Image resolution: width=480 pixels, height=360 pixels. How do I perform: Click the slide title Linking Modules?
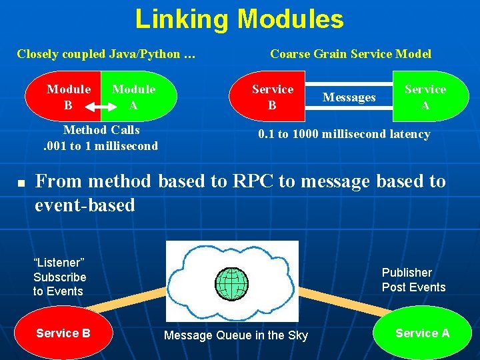239,19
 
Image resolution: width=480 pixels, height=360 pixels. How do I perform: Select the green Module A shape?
137,97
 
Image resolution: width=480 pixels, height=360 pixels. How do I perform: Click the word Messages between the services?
349,97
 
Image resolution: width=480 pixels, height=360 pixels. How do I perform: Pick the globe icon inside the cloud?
231,283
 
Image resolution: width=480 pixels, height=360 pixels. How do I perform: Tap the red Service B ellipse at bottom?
63,333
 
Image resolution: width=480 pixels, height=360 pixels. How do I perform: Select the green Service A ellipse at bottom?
422,333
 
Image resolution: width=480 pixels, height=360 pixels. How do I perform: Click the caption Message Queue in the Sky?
236,335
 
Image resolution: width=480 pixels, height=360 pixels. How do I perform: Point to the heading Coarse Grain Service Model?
350,54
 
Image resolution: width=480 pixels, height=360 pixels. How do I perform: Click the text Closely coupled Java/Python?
105,54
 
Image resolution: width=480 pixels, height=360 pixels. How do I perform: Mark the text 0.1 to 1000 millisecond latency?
344,134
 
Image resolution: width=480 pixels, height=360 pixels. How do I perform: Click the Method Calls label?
101,129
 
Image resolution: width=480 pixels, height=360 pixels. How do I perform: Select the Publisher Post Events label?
413,280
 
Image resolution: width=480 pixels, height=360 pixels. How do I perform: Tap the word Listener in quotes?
59,263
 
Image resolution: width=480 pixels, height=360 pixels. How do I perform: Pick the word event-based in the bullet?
85,205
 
